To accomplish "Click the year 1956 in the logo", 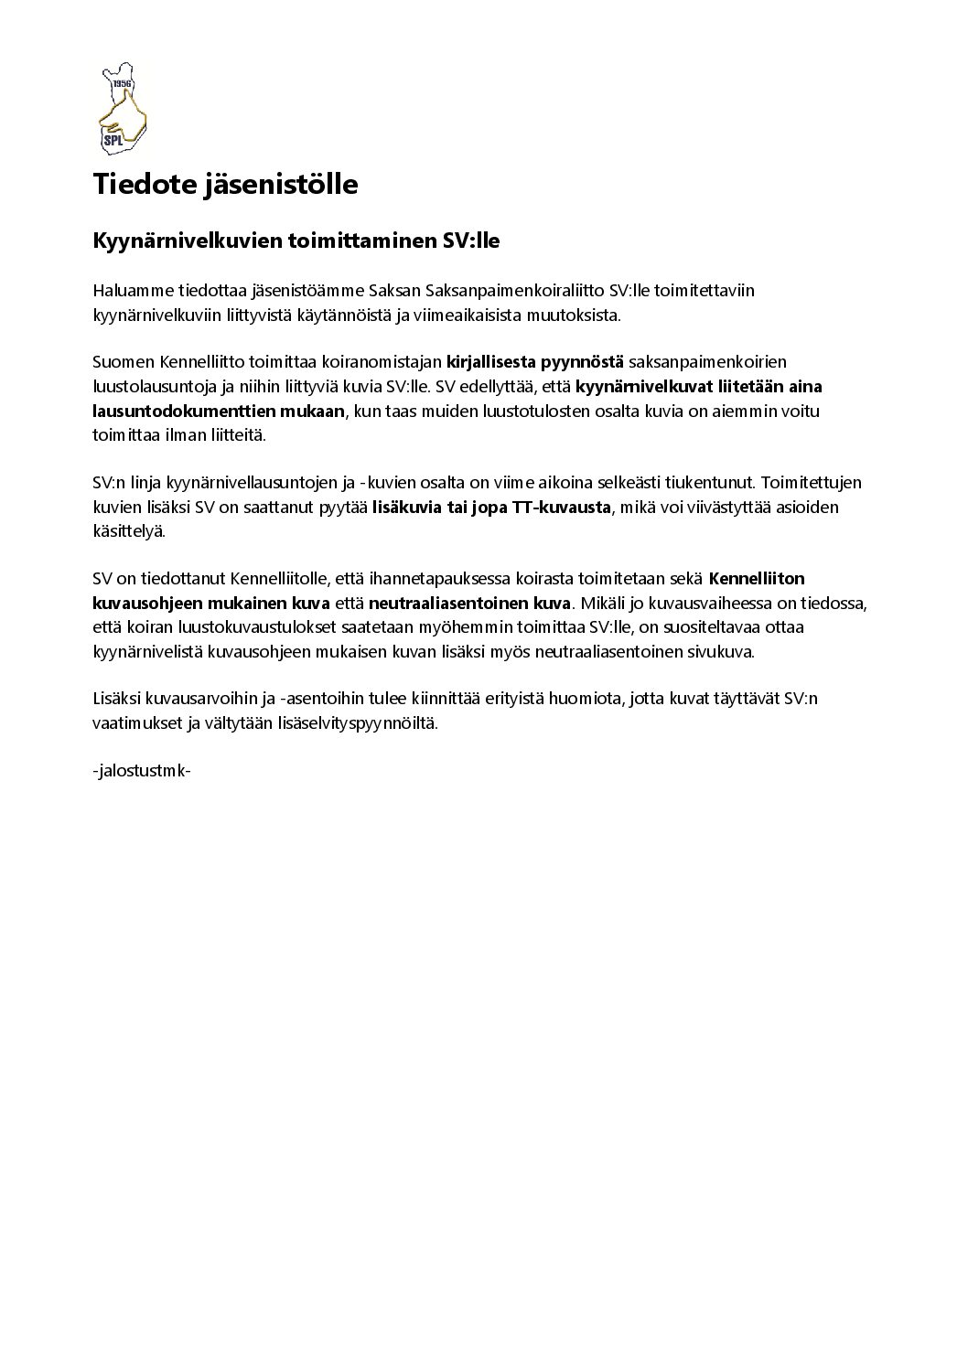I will pyautogui.click(x=122, y=84).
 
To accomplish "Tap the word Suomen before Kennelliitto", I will pyautogui.click(x=121, y=362).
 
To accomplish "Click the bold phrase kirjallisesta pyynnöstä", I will pyautogui.click(x=534, y=362).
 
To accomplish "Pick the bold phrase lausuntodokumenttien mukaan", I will pyautogui.click(x=218, y=412).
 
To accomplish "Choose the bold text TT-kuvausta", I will pyautogui.click(x=569, y=508).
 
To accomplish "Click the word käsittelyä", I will pyautogui.click(x=129, y=531).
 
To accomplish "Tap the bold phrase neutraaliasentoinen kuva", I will pyautogui.click(x=469, y=604).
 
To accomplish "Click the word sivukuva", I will pyautogui.click(x=725, y=652).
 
